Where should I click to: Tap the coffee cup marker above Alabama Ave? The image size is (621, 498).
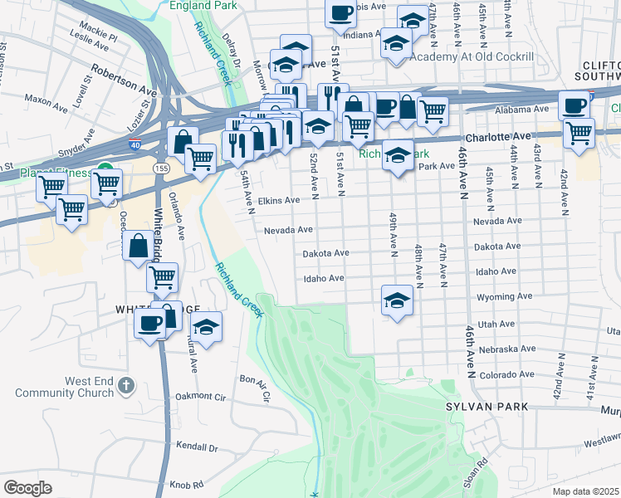574,105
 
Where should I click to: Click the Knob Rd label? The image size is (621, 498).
186,484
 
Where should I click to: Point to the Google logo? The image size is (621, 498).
27,488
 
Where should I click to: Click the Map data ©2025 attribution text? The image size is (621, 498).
585,491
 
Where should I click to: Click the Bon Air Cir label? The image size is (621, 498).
255,388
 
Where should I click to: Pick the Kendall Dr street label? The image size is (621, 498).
195,447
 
